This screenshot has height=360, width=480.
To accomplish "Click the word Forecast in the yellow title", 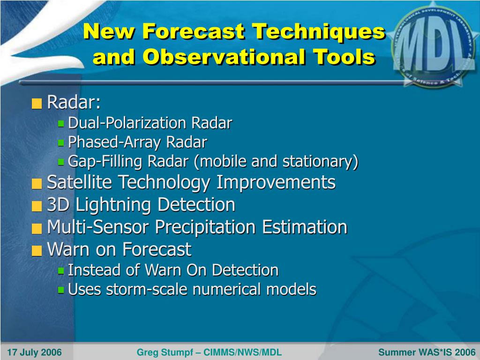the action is (x=194, y=31).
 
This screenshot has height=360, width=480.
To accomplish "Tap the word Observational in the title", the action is (x=224, y=57).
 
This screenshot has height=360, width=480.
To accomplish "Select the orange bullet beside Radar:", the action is (x=37, y=104).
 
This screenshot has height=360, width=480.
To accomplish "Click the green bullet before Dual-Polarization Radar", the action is (x=61, y=123).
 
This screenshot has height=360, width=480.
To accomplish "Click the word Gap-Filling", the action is (x=105, y=162).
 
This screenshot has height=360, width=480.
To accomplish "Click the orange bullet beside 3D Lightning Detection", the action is (x=37, y=206).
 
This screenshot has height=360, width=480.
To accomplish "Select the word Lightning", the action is (x=113, y=205).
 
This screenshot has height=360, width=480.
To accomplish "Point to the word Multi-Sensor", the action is (x=98, y=227).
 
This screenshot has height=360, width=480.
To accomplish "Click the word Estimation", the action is (x=305, y=227).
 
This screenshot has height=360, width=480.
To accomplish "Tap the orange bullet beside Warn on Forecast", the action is (x=37, y=251).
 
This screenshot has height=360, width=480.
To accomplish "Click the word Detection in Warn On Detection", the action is (x=245, y=270).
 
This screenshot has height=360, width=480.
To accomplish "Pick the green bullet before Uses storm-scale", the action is (x=61, y=290).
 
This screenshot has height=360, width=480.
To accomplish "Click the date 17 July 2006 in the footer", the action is (x=34, y=352).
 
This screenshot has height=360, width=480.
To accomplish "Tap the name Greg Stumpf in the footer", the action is (x=165, y=352).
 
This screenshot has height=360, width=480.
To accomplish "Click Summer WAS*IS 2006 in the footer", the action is (x=427, y=352).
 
